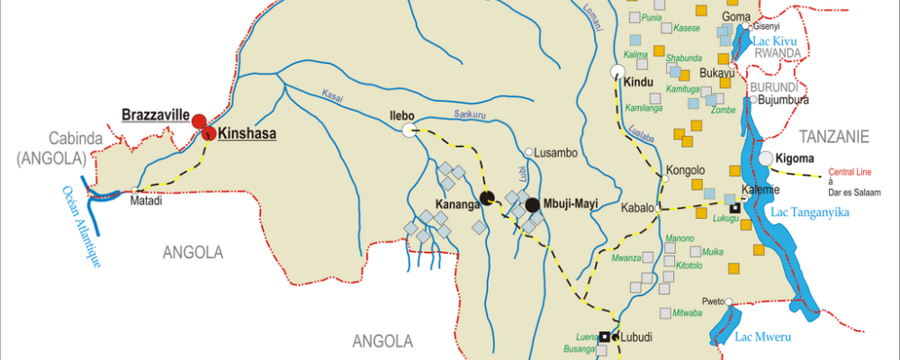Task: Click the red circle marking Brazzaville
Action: [198, 121]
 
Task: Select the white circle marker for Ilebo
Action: [409, 131]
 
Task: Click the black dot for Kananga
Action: [487, 199]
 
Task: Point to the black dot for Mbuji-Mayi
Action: [532, 204]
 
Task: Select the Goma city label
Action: [736, 16]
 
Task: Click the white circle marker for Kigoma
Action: [766, 159]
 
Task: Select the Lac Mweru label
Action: [761, 337]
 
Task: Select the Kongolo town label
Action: [685, 170]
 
